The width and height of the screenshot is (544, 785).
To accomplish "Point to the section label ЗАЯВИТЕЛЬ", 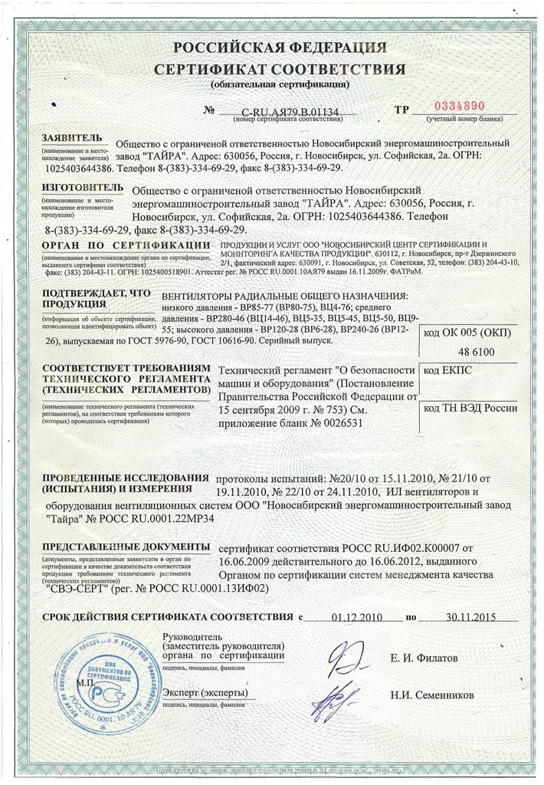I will coord(71,138).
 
